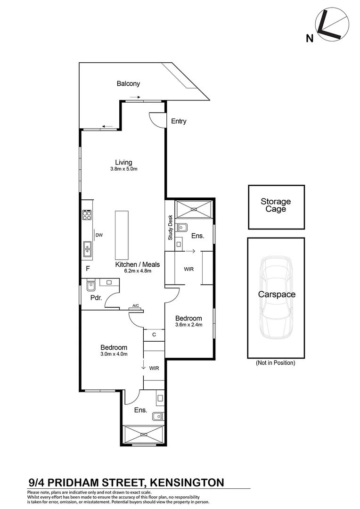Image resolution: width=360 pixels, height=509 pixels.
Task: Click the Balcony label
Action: pyautogui.click(x=128, y=84)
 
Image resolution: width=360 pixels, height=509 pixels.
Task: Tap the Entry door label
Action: pyautogui.click(x=179, y=121)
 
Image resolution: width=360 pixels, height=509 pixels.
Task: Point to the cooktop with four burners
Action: pyautogui.click(x=87, y=215)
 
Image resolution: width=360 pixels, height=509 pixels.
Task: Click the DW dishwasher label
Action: pyautogui.click(x=99, y=235)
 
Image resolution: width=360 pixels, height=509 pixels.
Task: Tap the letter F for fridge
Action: pyautogui.click(x=88, y=269)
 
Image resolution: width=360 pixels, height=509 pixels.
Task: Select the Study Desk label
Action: pyautogui.click(x=171, y=228)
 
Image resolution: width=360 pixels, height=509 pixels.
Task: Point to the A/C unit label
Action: pyautogui.click(x=136, y=306)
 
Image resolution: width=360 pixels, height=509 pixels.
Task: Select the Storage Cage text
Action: pyautogui.click(x=276, y=205)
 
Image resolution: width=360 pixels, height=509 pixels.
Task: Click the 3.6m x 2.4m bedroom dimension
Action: pyautogui.click(x=188, y=325)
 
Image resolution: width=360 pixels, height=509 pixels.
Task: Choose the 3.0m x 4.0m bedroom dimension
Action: pyautogui.click(x=113, y=354)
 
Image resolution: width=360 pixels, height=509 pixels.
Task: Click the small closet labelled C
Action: pyautogui.click(x=154, y=335)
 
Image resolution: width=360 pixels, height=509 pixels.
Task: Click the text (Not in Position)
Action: pyautogui.click(x=276, y=363)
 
